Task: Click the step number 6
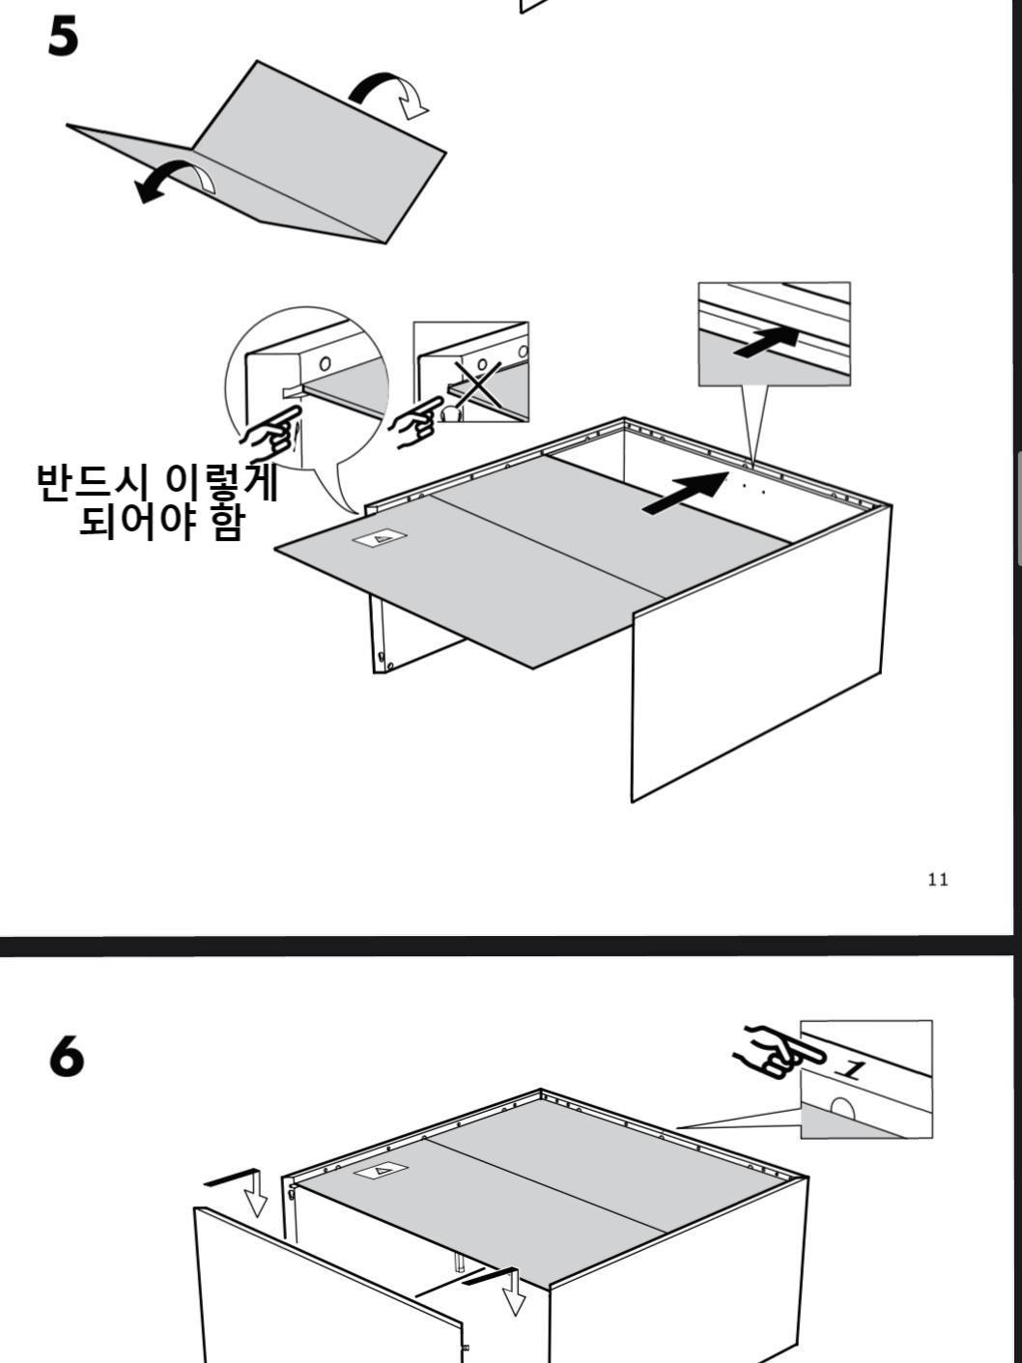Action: point(67,1058)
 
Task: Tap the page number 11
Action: point(937,879)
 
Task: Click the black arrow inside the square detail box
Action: point(767,342)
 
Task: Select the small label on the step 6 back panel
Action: point(382,1170)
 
